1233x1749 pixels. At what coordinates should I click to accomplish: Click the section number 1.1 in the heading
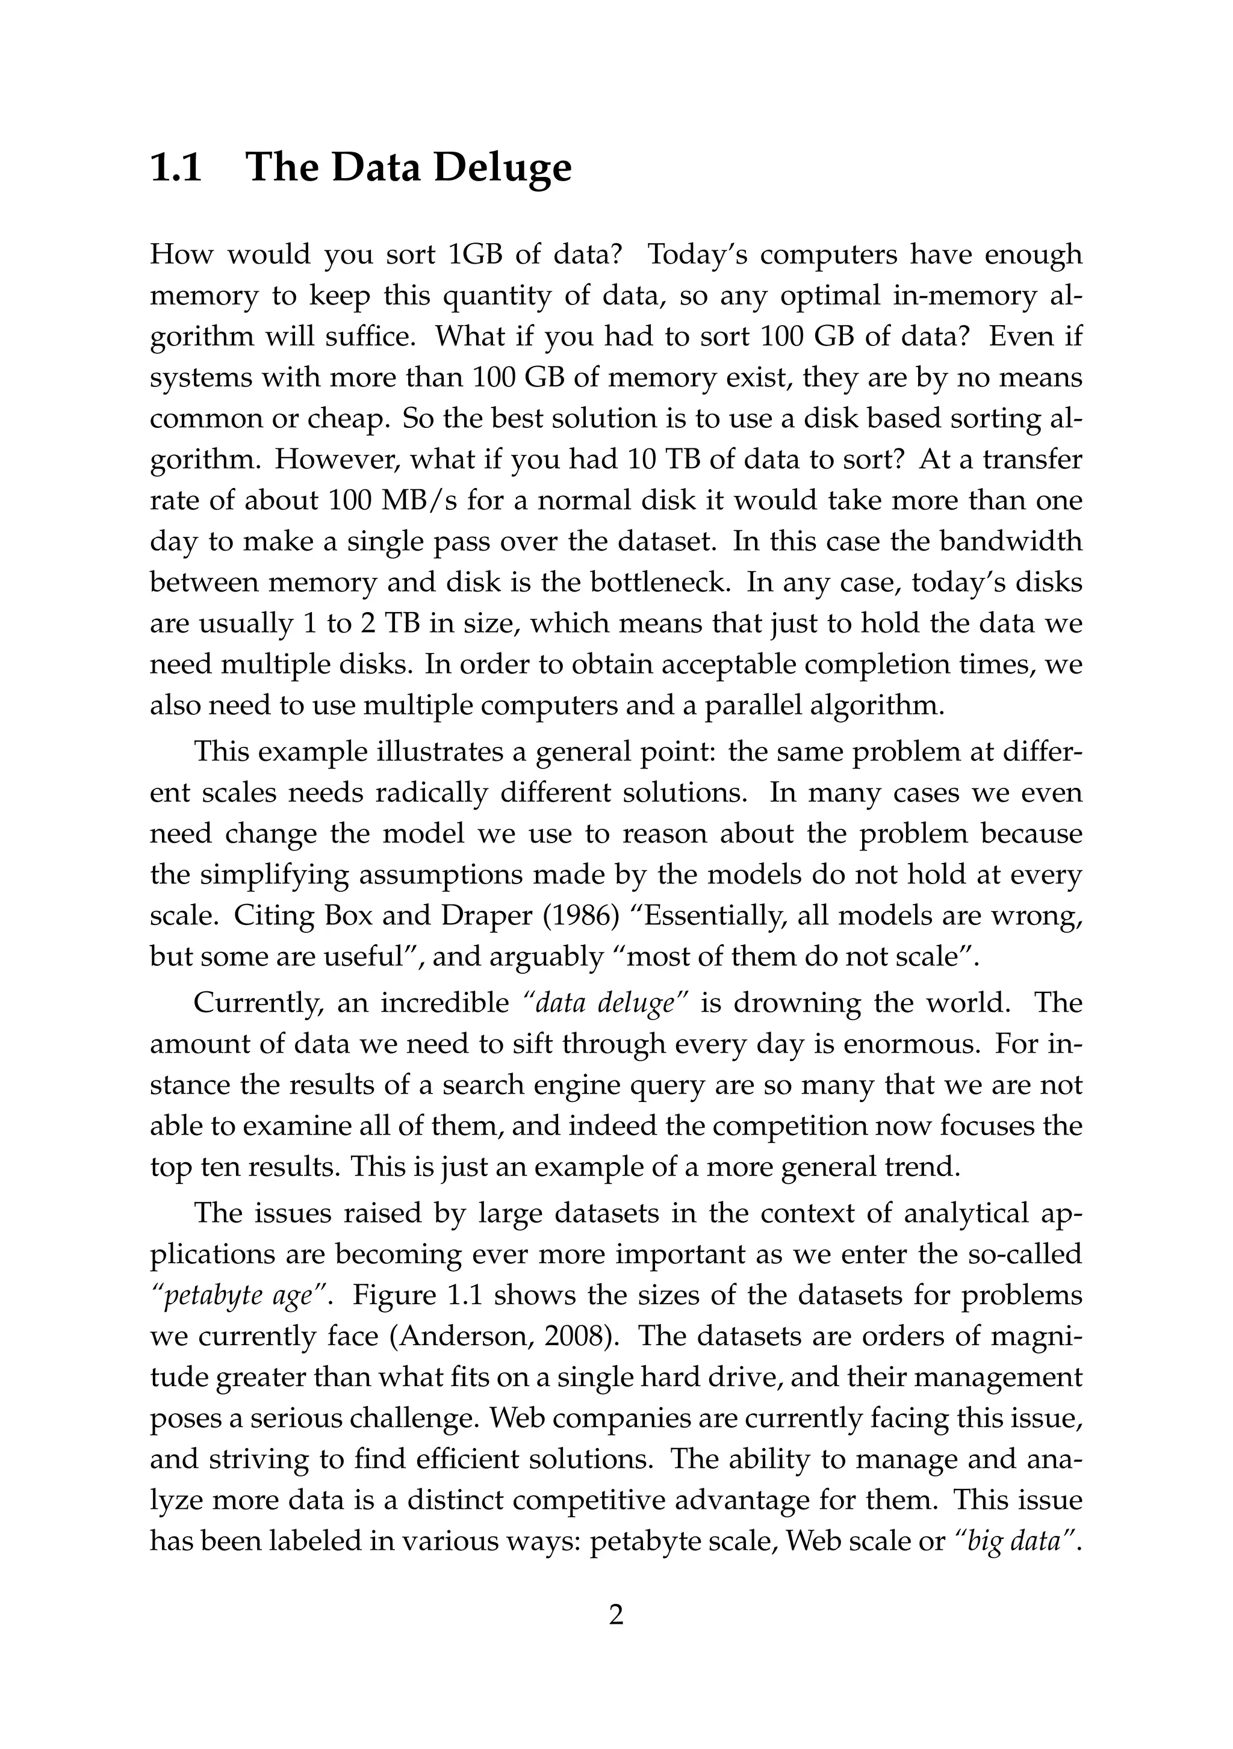176,167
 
